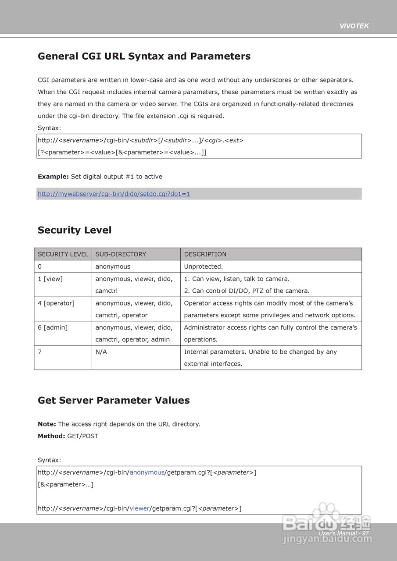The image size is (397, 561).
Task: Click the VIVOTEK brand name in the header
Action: click(354, 26)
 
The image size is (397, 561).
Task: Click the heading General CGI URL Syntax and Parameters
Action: click(144, 57)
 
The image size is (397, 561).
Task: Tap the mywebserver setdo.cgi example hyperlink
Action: click(114, 194)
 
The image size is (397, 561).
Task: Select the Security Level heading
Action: click(75, 230)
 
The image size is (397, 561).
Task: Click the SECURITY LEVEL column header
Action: click(63, 254)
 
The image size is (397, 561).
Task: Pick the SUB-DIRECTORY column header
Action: click(121, 254)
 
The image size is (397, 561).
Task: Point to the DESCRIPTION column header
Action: click(205, 254)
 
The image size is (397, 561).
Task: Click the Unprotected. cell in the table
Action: click(203, 266)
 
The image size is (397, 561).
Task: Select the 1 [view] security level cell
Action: click(50, 279)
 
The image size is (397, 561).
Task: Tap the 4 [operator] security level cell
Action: click(56, 303)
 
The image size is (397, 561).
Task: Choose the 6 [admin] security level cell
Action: click(52, 327)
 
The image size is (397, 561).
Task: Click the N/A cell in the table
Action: click(101, 352)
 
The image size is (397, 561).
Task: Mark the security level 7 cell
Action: click(40, 352)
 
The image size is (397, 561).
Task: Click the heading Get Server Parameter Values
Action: click(114, 400)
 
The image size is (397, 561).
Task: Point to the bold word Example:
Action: click(53, 177)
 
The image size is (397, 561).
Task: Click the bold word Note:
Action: click(46, 424)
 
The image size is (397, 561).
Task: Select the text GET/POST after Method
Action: click(82, 436)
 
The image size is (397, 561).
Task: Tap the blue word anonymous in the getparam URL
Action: click(147, 472)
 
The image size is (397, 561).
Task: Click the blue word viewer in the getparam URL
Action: click(139, 508)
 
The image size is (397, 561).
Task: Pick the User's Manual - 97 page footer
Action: click(343, 533)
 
